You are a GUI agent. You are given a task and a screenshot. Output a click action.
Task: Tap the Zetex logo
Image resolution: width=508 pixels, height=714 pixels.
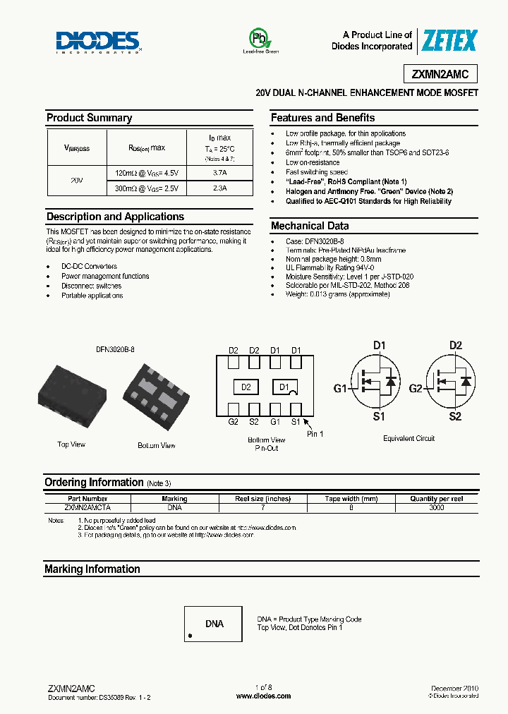coord(449,41)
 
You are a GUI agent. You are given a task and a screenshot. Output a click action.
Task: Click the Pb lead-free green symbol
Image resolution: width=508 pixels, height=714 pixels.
coord(260,39)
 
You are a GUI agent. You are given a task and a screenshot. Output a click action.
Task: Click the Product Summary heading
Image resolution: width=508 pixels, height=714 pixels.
coord(89,118)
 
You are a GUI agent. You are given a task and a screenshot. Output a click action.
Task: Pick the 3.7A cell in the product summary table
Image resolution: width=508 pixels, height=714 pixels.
coord(219,172)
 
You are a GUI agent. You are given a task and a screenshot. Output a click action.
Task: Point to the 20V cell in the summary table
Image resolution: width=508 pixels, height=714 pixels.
coord(77,181)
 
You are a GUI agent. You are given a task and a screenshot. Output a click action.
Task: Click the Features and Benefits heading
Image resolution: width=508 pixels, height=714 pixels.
coord(322,118)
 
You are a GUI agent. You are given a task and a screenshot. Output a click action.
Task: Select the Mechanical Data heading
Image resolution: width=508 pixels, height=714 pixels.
coord(309,226)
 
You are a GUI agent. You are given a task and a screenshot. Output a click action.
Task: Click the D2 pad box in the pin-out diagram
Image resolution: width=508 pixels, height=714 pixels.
coord(246,387)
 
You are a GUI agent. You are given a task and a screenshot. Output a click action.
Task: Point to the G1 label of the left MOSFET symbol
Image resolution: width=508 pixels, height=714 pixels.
coord(340,389)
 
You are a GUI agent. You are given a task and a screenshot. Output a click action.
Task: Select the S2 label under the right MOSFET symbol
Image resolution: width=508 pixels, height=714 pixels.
coord(455,417)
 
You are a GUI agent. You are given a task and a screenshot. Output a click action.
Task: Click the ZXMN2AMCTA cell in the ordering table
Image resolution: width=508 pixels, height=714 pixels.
coord(87,507)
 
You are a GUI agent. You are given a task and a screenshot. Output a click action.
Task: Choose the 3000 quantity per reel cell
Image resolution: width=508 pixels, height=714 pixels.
coord(437,507)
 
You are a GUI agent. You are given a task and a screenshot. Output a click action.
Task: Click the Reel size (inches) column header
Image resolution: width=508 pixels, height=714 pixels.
coord(262,499)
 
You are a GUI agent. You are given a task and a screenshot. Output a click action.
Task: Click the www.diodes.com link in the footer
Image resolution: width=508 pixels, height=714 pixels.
coord(263,696)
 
